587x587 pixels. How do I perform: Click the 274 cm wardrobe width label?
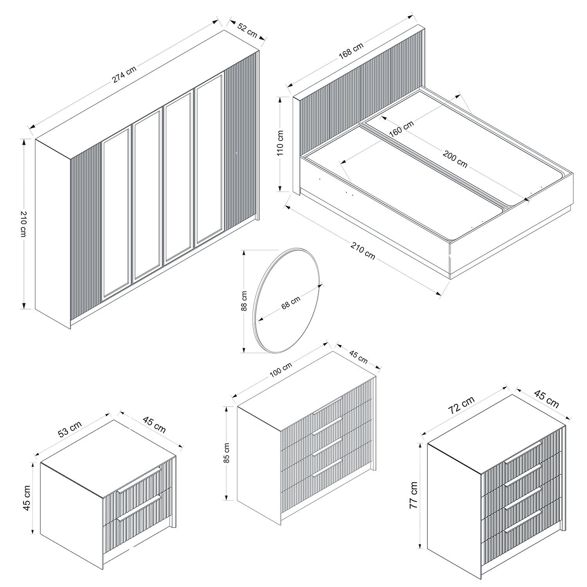pos(124,74)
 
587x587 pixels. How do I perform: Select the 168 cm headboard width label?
pos(351,50)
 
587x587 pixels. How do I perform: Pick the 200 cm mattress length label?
pos(455,159)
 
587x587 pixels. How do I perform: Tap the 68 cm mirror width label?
pos(291,302)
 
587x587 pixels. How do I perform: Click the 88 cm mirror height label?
pos(244,301)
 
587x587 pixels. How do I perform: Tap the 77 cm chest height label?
pos(414,495)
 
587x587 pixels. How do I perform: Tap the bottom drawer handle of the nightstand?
pos(140,508)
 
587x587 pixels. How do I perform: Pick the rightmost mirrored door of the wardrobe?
pos(209,158)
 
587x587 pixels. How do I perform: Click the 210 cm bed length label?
pos(363,251)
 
